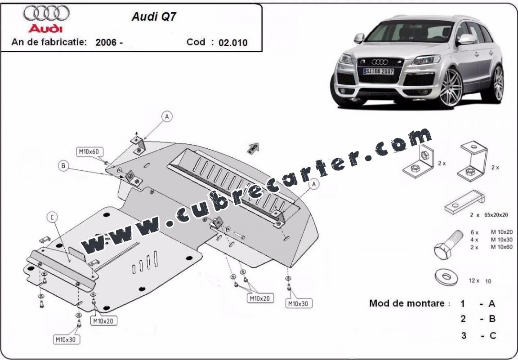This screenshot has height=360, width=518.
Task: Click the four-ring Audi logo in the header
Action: [46, 13]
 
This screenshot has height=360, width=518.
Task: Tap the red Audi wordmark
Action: [45, 28]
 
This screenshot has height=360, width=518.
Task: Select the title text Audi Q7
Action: [154, 17]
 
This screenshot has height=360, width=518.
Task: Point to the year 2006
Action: [106, 42]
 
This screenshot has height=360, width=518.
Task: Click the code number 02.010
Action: [233, 43]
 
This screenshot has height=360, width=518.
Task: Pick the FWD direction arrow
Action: [254, 148]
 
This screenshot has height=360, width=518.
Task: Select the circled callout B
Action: [63, 166]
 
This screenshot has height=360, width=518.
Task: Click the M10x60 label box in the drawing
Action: [89, 152]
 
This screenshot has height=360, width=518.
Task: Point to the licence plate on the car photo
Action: [379, 71]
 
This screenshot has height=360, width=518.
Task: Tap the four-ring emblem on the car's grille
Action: [380, 62]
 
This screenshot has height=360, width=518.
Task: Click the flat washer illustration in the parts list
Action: [447, 277]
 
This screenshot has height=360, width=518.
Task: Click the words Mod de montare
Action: [407, 303]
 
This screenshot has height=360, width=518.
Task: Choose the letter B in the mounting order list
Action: [492, 319]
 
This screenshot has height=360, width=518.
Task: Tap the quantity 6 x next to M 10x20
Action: [474, 232]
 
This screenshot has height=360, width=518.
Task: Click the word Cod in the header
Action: [196, 42]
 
